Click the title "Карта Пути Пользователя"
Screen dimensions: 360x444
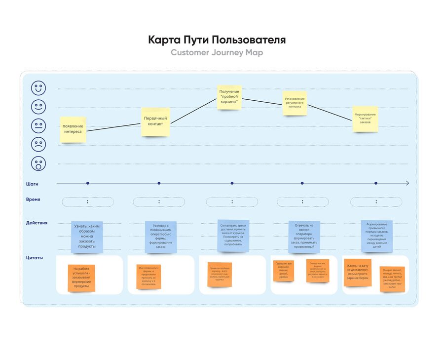tap(217, 40)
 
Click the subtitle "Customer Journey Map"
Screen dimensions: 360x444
tap(217, 53)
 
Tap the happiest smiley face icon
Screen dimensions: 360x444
tap(38, 88)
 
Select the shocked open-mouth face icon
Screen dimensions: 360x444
tap(38, 163)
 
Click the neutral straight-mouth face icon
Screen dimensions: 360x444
tap(38, 126)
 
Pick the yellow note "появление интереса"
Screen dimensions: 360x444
tap(73, 129)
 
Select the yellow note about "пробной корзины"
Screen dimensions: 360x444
tap(229, 97)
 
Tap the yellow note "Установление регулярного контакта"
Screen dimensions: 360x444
tap(295, 103)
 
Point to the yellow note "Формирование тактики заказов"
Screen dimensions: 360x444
tap(365, 119)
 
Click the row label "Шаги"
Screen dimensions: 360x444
tap(33, 184)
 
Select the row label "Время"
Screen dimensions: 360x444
tap(33, 200)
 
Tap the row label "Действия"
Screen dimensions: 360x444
tap(37, 223)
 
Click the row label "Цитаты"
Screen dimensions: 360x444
tap(34, 257)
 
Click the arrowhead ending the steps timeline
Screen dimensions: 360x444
tap(407, 183)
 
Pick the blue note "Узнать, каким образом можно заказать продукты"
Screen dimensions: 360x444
tap(87, 237)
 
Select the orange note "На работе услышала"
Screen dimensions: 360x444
tap(81, 278)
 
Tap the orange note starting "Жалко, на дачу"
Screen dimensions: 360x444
tap(357, 272)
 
